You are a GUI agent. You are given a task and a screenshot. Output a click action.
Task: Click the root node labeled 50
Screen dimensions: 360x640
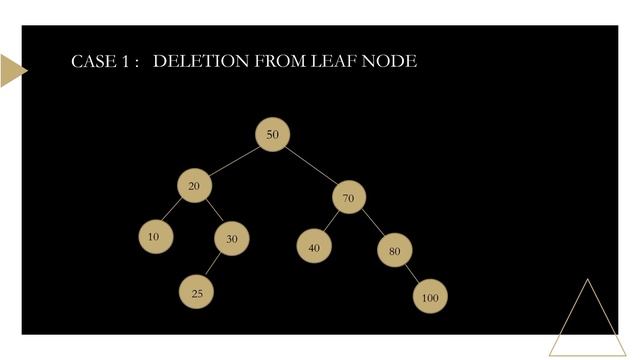coord(272,135)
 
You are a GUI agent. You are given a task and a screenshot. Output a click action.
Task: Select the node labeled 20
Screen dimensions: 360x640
coord(194,186)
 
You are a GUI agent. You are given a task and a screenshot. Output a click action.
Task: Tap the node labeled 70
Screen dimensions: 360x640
coord(349,197)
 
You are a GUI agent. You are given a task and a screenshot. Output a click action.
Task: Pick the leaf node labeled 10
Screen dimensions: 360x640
coord(153,237)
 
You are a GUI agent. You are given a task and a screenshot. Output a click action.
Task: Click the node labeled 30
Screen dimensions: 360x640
coord(231,239)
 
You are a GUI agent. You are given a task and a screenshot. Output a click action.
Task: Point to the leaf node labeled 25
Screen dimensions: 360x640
coord(197,292)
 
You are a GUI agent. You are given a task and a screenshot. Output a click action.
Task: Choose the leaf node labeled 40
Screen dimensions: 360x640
coord(313,246)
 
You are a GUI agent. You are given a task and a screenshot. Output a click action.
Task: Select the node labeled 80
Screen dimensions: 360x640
coord(394,250)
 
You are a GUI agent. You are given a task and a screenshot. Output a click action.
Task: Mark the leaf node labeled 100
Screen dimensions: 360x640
coord(429,297)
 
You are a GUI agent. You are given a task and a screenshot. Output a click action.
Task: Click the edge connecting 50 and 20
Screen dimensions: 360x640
coord(233,160)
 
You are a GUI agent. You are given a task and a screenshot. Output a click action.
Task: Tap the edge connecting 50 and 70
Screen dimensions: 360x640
coord(311,166)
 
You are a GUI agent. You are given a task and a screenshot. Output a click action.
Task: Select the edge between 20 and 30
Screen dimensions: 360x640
coord(213,213)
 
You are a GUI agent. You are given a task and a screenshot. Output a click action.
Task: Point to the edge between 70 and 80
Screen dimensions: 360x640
coord(372,224)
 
